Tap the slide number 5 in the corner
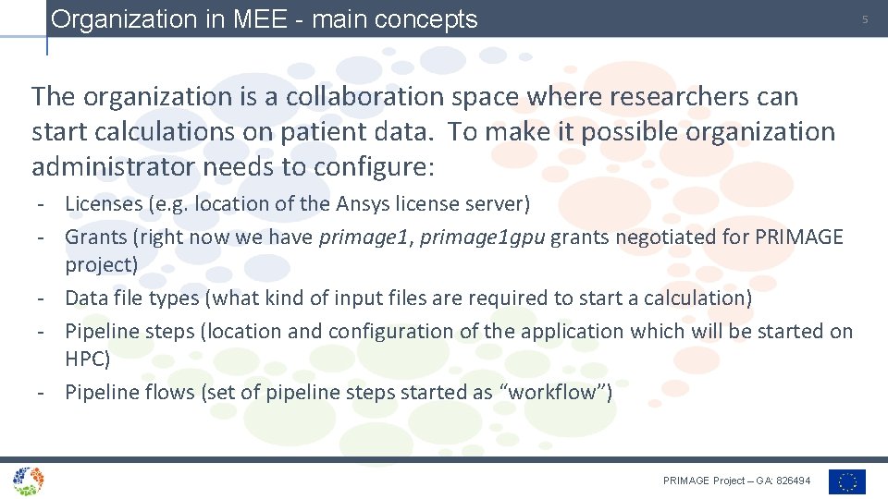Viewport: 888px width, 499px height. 866,19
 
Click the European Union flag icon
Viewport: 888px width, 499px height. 846,481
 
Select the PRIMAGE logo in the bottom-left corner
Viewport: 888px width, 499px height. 28,480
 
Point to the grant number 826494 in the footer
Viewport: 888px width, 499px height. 794,481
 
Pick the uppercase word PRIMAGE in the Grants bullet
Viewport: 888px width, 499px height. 798,237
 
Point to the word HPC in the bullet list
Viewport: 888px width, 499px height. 87,359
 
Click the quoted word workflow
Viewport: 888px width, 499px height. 554,392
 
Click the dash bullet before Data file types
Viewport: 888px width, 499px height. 43,298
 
